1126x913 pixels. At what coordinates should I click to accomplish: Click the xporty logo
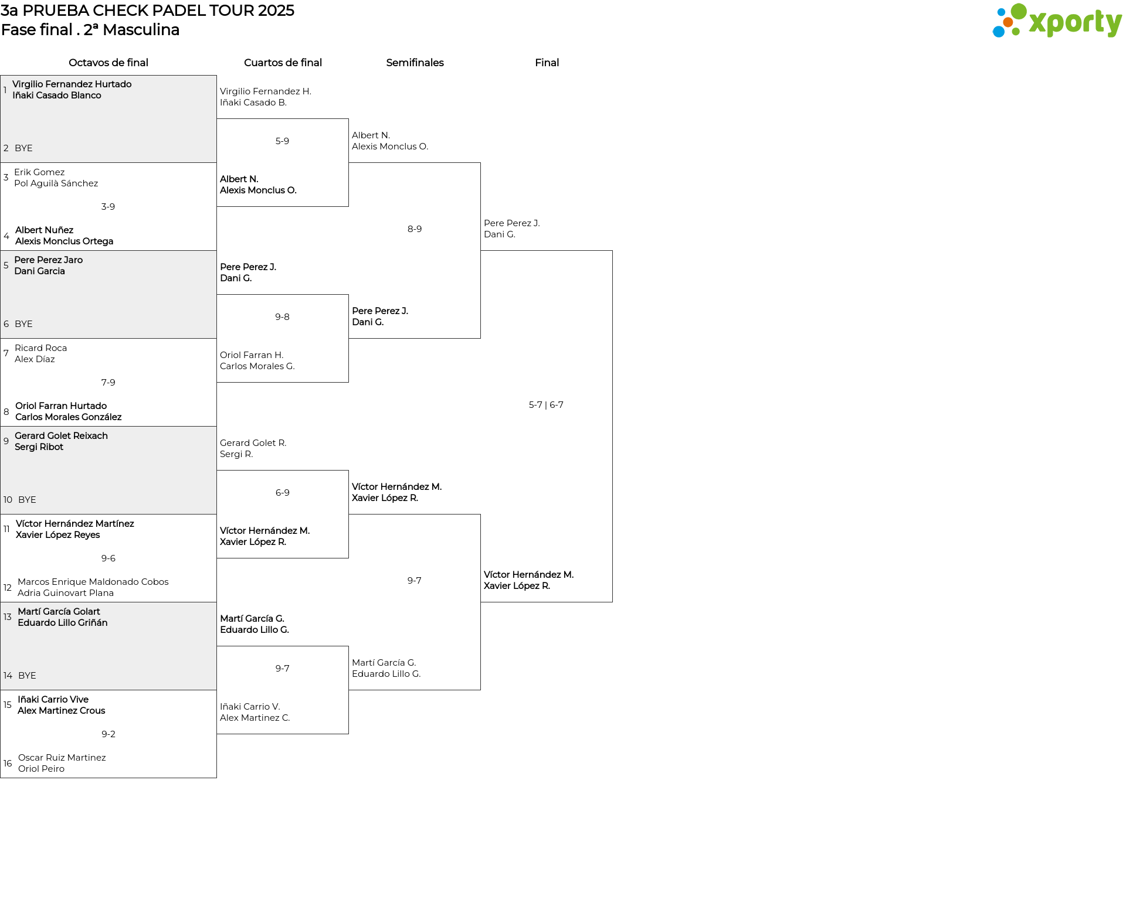[x=1057, y=21]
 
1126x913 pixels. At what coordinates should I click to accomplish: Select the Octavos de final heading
[x=108, y=63]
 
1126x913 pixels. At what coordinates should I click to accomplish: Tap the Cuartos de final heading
[x=283, y=63]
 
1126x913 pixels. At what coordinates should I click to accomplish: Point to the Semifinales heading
[x=415, y=63]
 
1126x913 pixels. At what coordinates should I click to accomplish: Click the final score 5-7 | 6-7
[x=546, y=405]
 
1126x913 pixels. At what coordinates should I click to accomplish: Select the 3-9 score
[x=108, y=207]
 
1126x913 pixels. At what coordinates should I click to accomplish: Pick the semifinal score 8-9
[x=415, y=229]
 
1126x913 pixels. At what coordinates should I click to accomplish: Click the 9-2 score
[x=108, y=734]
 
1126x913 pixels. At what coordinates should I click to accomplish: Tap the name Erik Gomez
[x=39, y=172]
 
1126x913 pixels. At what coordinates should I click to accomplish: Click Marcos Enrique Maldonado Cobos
[x=93, y=582]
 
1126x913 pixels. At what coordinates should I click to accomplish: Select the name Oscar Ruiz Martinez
[x=62, y=758]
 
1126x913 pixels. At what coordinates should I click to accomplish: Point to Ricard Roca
[x=41, y=348]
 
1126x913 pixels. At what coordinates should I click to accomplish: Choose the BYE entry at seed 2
[x=23, y=148]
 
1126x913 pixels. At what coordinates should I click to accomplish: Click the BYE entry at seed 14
[x=27, y=676]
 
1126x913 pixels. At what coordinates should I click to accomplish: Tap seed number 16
[x=8, y=764]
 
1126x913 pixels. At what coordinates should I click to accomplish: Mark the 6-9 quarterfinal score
[x=283, y=493]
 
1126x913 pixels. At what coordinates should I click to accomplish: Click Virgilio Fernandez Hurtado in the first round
[x=72, y=84]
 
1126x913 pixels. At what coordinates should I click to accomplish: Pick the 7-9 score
[x=108, y=383]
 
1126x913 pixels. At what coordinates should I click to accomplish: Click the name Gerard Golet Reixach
[x=62, y=436]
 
